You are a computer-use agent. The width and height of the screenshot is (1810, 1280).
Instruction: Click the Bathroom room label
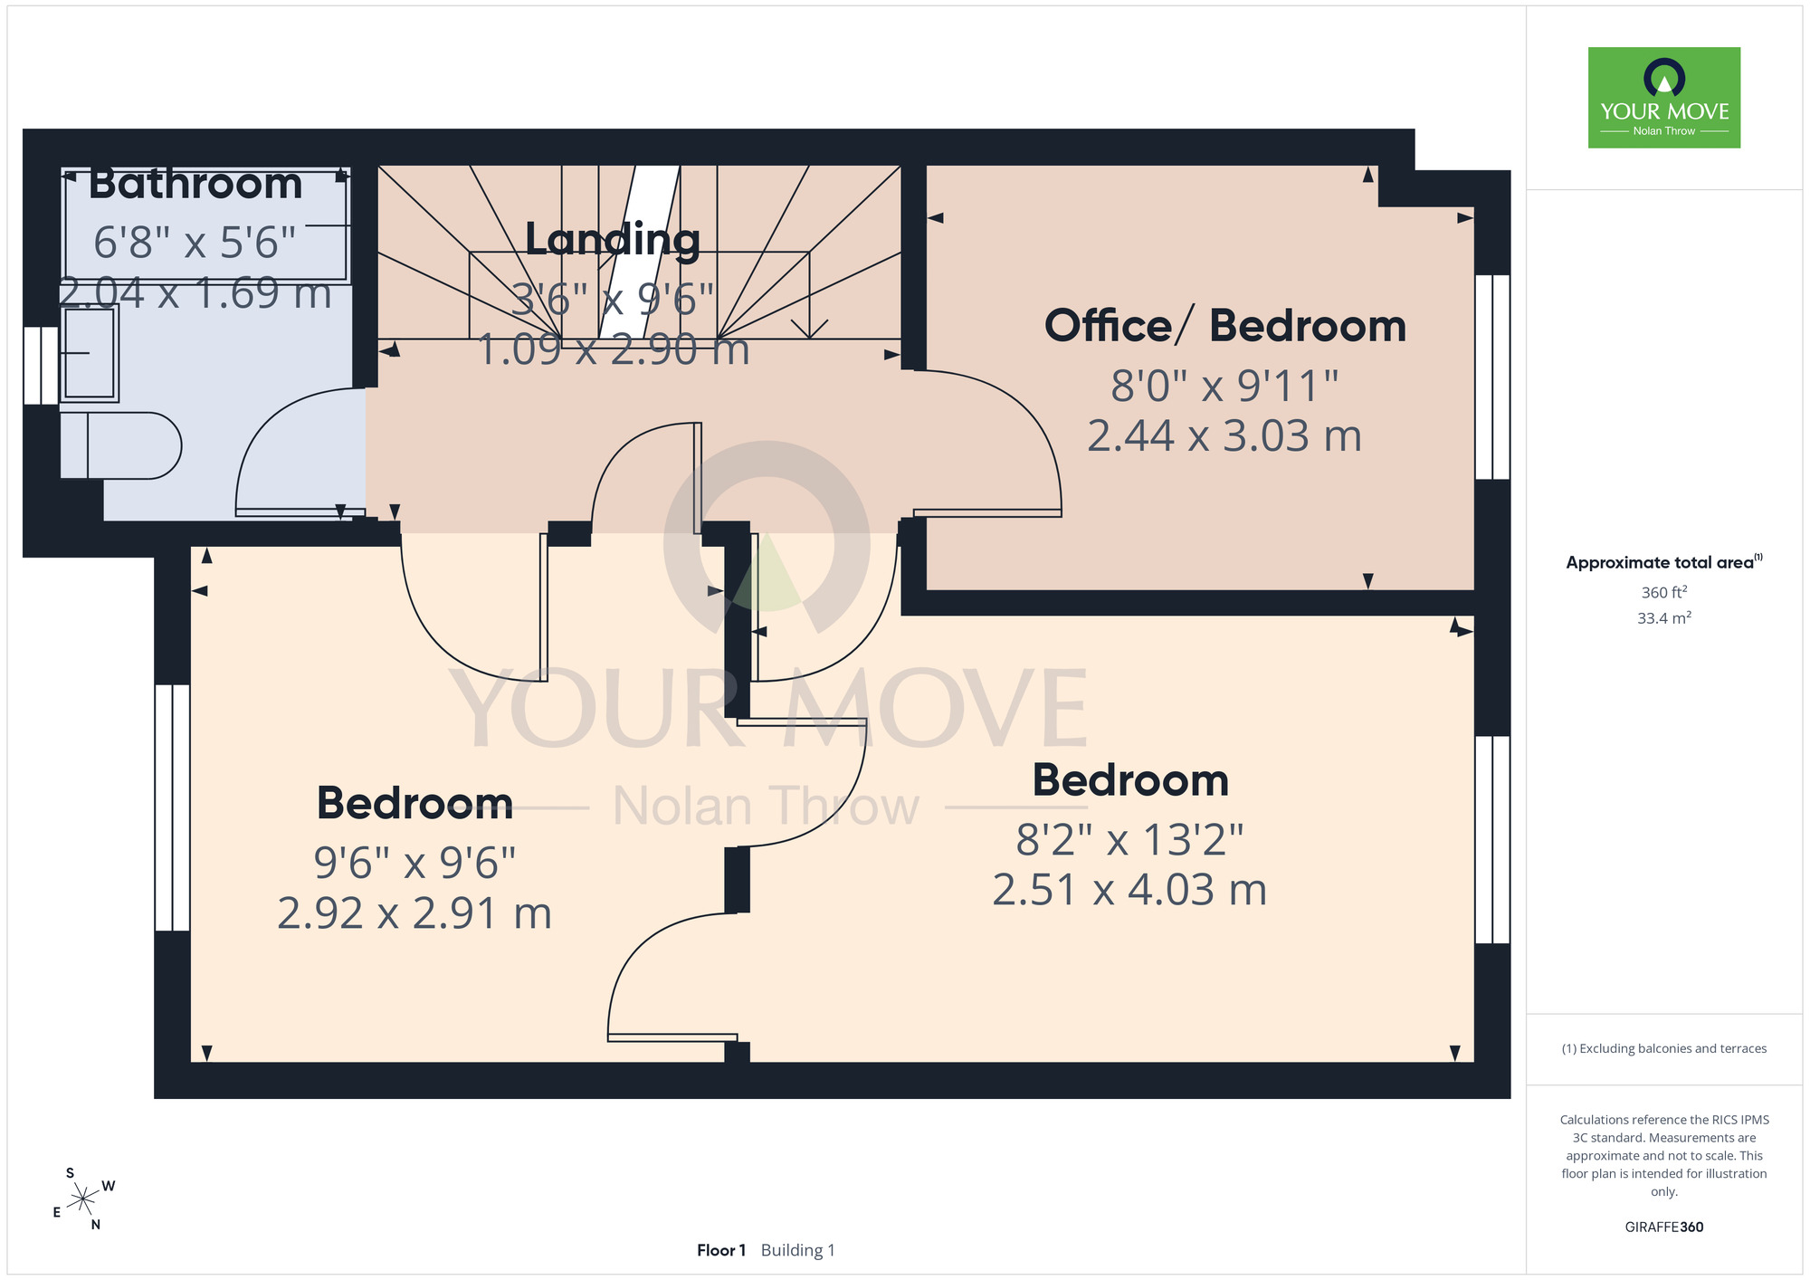(x=195, y=184)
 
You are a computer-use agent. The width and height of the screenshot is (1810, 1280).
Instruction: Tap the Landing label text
(x=613, y=240)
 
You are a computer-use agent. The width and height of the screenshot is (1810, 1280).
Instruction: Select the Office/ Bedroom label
(x=1225, y=326)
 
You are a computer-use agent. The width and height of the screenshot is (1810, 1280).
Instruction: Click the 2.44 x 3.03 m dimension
(x=1224, y=436)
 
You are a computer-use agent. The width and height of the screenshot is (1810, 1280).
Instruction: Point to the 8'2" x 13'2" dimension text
(x=1129, y=839)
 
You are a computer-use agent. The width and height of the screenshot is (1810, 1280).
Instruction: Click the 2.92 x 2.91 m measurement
(x=414, y=913)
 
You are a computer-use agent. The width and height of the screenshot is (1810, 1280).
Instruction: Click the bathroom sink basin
(x=89, y=352)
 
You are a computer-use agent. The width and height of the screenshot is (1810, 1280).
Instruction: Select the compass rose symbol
(x=83, y=1199)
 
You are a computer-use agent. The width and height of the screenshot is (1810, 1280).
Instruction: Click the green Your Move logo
(x=1664, y=98)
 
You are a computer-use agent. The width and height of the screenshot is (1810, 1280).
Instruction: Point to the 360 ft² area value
(x=1664, y=592)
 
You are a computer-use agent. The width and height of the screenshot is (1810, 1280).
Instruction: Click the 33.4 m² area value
(x=1664, y=618)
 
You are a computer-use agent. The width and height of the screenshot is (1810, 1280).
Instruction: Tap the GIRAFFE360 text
(x=1664, y=1227)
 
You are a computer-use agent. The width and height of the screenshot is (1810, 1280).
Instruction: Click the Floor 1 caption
(x=721, y=1250)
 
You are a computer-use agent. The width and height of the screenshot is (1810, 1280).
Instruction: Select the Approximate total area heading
(x=1663, y=562)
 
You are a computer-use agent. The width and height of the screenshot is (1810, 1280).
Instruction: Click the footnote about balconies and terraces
(x=1664, y=1048)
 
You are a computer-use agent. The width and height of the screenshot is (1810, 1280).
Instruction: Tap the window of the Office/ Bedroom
(x=1492, y=377)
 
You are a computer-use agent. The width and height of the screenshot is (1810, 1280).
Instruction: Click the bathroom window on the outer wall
(x=41, y=365)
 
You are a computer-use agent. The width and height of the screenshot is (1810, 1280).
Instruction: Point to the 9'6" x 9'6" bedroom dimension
(x=414, y=863)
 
